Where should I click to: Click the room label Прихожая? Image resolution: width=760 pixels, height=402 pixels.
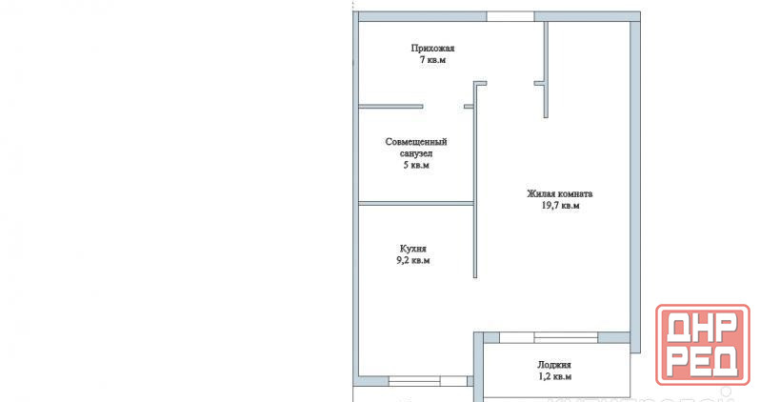pyautogui.click(x=432, y=48)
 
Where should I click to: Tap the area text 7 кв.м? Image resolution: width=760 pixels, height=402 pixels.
pyautogui.click(x=432, y=60)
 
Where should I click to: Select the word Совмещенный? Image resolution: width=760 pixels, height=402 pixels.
pyautogui.click(x=416, y=142)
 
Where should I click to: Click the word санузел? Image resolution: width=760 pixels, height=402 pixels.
pyautogui.click(x=416, y=153)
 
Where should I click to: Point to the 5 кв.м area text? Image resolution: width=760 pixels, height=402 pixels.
pyautogui.click(x=416, y=165)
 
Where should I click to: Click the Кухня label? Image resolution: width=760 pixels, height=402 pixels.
pyautogui.click(x=413, y=249)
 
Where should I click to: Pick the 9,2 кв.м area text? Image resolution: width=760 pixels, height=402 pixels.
pyautogui.click(x=413, y=260)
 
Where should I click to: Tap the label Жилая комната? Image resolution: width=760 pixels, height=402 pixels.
pyautogui.click(x=560, y=193)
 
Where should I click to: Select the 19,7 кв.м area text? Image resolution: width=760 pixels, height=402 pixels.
pyautogui.click(x=560, y=205)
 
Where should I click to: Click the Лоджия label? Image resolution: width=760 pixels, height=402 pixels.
pyautogui.click(x=554, y=365)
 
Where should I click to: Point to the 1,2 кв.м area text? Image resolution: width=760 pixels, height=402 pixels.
pyautogui.click(x=554, y=376)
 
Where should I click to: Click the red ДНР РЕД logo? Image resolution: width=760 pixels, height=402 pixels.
pyautogui.click(x=702, y=344)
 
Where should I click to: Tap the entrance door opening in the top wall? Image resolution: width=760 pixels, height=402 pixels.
pyautogui.click(x=510, y=16)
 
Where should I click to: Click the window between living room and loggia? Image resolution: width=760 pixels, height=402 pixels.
pyautogui.click(x=549, y=337)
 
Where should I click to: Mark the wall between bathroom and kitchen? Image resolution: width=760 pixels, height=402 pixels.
pyautogui.click(x=416, y=203)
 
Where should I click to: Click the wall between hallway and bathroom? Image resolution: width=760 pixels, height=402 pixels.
pyautogui.click(x=390, y=106)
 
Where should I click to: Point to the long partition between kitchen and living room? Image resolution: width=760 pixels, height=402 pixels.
pyautogui.click(x=475, y=179)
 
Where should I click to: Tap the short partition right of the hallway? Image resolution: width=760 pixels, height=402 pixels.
pyautogui.click(x=546, y=70)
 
